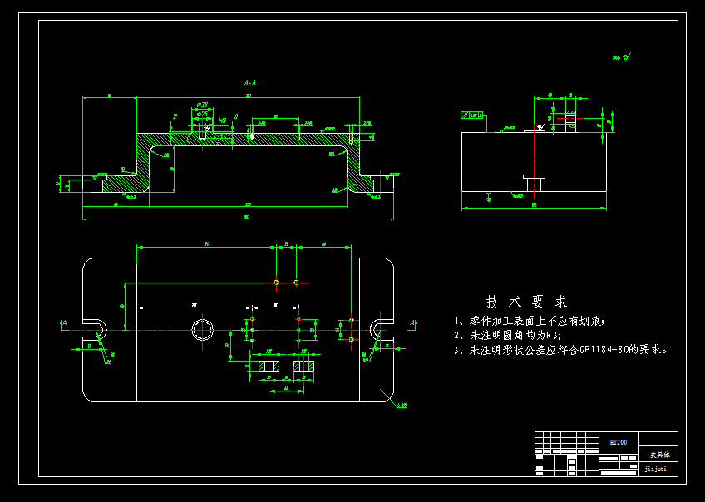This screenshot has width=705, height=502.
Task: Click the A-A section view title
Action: (x=250, y=83)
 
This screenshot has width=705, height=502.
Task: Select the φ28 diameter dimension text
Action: (x=202, y=106)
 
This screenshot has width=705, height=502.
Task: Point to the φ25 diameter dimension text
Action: (x=202, y=114)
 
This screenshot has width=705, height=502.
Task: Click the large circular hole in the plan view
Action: (x=202, y=330)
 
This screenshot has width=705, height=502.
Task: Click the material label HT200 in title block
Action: (x=619, y=443)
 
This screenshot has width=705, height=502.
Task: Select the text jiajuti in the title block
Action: (x=656, y=469)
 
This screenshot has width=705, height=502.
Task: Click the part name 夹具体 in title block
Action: (x=658, y=455)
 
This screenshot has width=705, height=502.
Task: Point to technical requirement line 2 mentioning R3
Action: (x=507, y=335)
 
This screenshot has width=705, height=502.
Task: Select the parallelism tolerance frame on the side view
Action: (x=472, y=116)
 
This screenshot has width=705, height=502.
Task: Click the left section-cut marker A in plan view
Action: (x=63, y=322)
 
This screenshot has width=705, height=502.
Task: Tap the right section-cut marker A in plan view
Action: (x=412, y=322)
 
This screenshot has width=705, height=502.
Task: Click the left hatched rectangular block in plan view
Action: (x=269, y=366)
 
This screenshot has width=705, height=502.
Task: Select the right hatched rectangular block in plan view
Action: (x=303, y=366)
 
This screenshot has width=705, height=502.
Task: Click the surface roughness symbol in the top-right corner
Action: (x=622, y=57)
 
